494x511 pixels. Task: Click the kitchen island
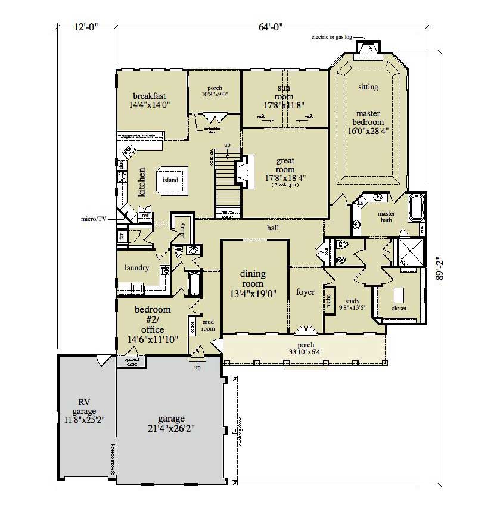(x=170, y=180)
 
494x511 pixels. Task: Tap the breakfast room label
(x=149, y=96)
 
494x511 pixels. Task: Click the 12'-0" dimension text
(x=86, y=26)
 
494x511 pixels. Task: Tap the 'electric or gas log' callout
(x=331, y=37)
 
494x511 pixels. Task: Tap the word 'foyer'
(x=305, y=292)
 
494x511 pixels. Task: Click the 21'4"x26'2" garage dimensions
(x=171, y=428)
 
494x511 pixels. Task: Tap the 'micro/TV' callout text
(x=94, y=219)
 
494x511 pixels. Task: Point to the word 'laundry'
(x=136, y=268)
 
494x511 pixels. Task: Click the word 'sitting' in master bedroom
(x=368, y=87)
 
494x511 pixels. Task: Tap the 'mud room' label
(x=208, y=325)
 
